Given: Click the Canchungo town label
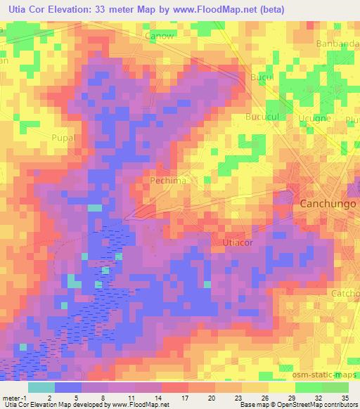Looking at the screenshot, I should coord(328,204).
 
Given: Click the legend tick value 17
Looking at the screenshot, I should coord(186,397).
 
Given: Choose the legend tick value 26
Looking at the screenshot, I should coord(265,397).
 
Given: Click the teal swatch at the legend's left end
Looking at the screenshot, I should coord(41,387).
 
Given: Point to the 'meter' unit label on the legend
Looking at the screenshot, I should coord(11,397).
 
